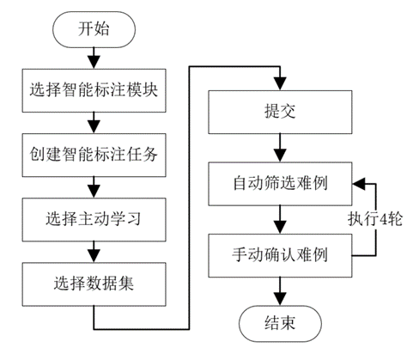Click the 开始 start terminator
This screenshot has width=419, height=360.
(x=92, y=31)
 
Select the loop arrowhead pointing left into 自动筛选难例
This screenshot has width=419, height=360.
(x=358, y=184)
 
